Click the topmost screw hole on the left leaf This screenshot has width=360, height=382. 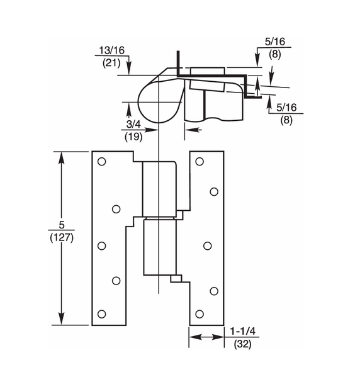click(x=101, y=162)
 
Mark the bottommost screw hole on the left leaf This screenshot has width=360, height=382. click(x=101, y=313)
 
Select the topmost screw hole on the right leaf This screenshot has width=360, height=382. click(x=200, y=162)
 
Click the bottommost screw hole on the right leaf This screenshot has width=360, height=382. click(x=200, y=313)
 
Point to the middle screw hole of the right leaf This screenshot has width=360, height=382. click(x=207, y=245)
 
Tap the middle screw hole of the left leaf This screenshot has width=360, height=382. click(x=101, y=245)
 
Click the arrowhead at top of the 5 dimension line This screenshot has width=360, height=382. click(x=62, y=157)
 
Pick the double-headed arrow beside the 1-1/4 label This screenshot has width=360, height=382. click(x=206, y=337)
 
